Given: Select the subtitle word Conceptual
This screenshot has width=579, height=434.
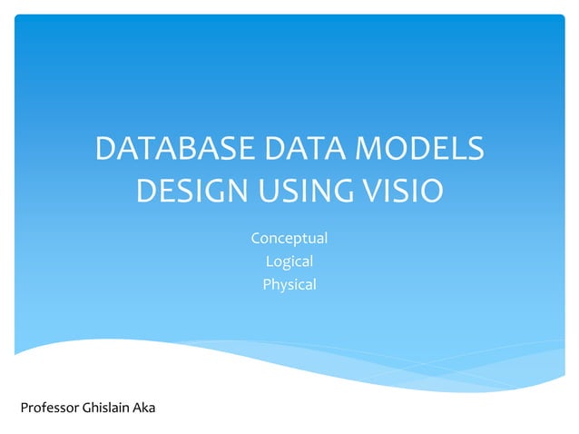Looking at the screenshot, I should point(289,239).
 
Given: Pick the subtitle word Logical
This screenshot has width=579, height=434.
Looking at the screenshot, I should point(289,262).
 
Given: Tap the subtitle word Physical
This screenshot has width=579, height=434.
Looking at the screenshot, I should point(289,285).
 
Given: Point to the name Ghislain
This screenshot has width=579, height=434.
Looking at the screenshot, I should point(105,408).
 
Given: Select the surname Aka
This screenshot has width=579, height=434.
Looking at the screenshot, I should point(144,408).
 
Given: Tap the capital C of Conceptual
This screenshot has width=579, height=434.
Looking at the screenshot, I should point(255,239).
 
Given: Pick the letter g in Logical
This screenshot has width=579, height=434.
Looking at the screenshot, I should point(285,264).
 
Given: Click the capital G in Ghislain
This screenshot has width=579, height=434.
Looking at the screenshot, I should point(86,408).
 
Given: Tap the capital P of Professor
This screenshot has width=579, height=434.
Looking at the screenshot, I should point(24,408).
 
